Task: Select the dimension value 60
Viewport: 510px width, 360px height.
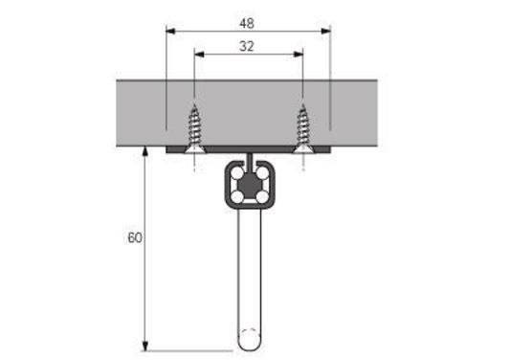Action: pyautogui.click(x=133, y=236)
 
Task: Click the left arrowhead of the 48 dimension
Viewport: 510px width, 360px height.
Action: pyautogui.click(x=170, y=31)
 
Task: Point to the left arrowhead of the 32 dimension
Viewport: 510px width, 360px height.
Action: pyautogui.click(x=198, y=55)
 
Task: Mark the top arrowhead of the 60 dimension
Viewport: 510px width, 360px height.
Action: pyautogui.click(x=144, y=151)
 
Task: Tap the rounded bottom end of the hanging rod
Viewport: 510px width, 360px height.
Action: pyautogui.click(x=249, y=342)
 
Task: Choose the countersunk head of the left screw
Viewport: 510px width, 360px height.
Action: pyautogui.click(x=195, y=146)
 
